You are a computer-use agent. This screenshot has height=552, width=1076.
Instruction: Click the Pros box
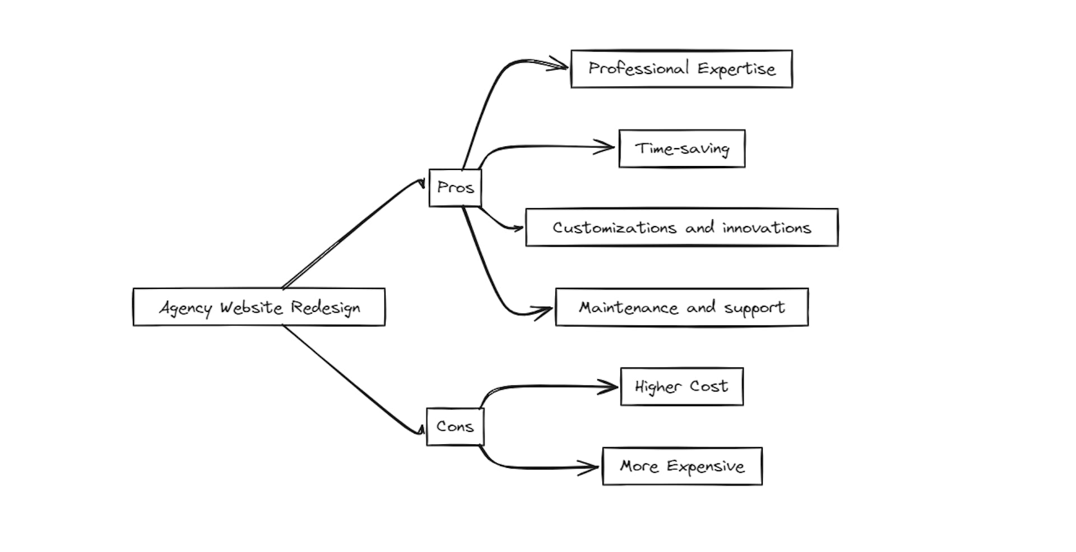click(x=455, y=188)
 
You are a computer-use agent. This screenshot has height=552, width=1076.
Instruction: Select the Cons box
click(x=455, y=427)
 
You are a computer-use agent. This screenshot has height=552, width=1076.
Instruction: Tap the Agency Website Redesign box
click(x=259, y=307)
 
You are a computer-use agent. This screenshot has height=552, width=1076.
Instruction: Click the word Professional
click(x=638, y=68)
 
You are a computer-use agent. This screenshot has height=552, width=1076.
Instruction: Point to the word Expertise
click(x=736, y=69)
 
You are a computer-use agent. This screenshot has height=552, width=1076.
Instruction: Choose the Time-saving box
click(x=682, y=149)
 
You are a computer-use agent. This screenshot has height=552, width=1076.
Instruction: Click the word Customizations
click(x=614, y=228)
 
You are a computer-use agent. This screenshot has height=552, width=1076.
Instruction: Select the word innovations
click(x=766, y=228)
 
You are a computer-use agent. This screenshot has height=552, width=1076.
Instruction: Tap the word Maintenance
click(x=628, y=308)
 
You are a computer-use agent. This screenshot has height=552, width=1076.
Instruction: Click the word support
click(x=754, y=308)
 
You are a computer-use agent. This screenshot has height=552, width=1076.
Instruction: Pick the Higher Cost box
click(x=681, y=387)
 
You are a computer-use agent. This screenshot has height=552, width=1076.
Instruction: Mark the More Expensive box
click(x=682, y=466)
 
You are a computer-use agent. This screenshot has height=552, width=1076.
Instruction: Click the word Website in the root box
click(x=251, y=307)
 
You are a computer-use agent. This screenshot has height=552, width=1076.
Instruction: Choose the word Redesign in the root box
click(x=325, y=308)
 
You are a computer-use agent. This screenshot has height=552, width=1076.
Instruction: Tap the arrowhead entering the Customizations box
click(x=517, y=228)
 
